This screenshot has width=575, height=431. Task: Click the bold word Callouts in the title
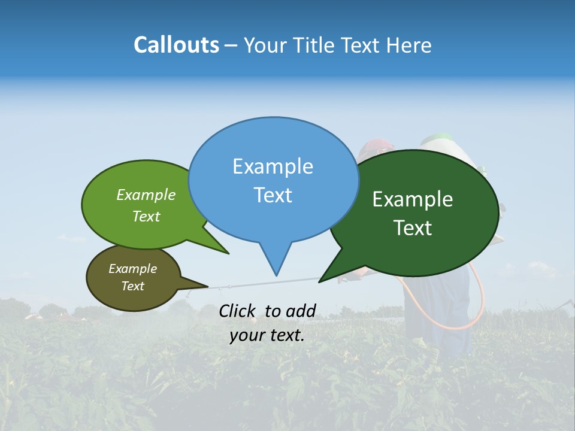click(x=176, y=45)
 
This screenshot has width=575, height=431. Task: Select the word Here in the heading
click(x=409, y=45)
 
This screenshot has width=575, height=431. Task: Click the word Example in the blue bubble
click(x=273, y=166)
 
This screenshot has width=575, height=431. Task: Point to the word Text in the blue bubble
click(x=273, y=195)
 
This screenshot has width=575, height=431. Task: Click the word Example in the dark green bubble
click(x=413, y=199)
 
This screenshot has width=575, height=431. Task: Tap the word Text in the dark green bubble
click(x=413, y=228)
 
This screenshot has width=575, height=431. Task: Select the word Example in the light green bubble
click(x=146, y=195)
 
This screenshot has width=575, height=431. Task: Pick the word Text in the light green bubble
click(x=146, y=216)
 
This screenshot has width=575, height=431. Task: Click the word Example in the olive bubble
click(x=132, y=269)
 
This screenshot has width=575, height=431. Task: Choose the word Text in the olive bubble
click(x=132, y=286)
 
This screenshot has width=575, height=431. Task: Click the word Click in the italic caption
click(x=237, y=311)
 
